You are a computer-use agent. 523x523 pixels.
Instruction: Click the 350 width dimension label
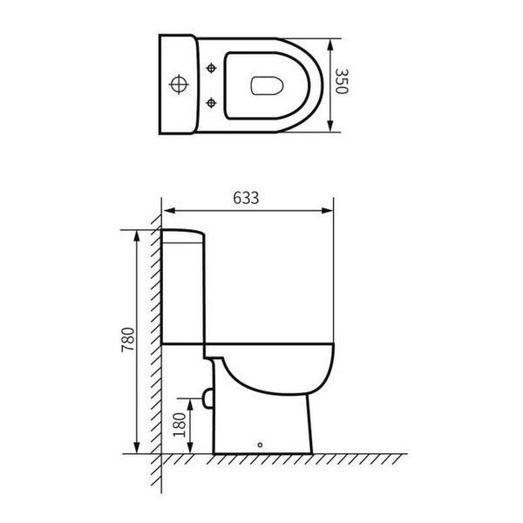point(342,81)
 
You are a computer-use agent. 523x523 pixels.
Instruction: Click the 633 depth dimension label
point(246,198)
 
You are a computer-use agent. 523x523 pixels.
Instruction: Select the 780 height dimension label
point(128,340)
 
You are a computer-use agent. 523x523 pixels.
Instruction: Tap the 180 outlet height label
point(180,425)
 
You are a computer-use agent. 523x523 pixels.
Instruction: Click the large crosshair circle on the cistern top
point(179,84)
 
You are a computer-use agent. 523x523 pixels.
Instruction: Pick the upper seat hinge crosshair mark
point(211,68)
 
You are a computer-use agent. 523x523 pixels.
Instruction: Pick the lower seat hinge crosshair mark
point(211,103)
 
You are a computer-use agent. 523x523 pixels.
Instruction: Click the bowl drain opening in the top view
point(267,85)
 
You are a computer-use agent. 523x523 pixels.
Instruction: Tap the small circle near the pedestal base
point(260,445)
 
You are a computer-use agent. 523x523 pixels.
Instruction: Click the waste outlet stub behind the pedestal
point(207,398)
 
